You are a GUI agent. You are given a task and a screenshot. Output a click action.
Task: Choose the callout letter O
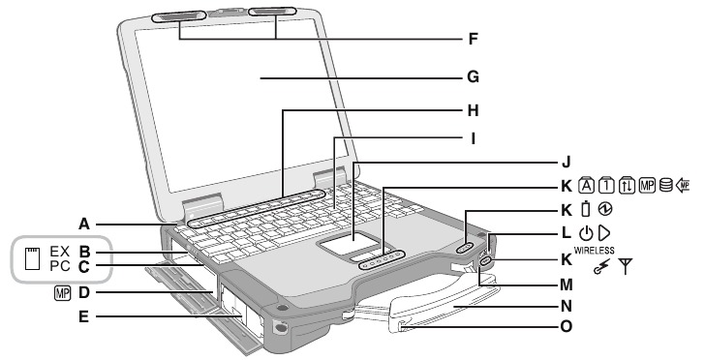point(568,326)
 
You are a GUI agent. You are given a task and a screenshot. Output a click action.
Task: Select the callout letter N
point(568,306)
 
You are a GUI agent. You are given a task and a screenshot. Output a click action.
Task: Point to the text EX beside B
point(60,251)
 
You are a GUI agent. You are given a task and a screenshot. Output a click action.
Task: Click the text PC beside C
point(60,265)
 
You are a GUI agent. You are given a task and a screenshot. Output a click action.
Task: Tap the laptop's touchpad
point(352,245)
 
